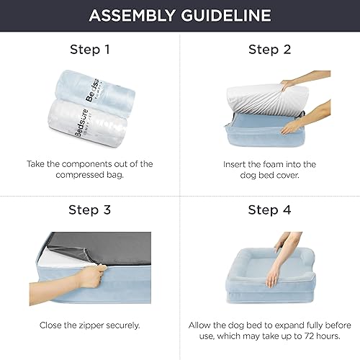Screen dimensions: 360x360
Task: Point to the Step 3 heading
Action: click(89, 211)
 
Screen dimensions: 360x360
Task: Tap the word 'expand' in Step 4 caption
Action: click(277, 325)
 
